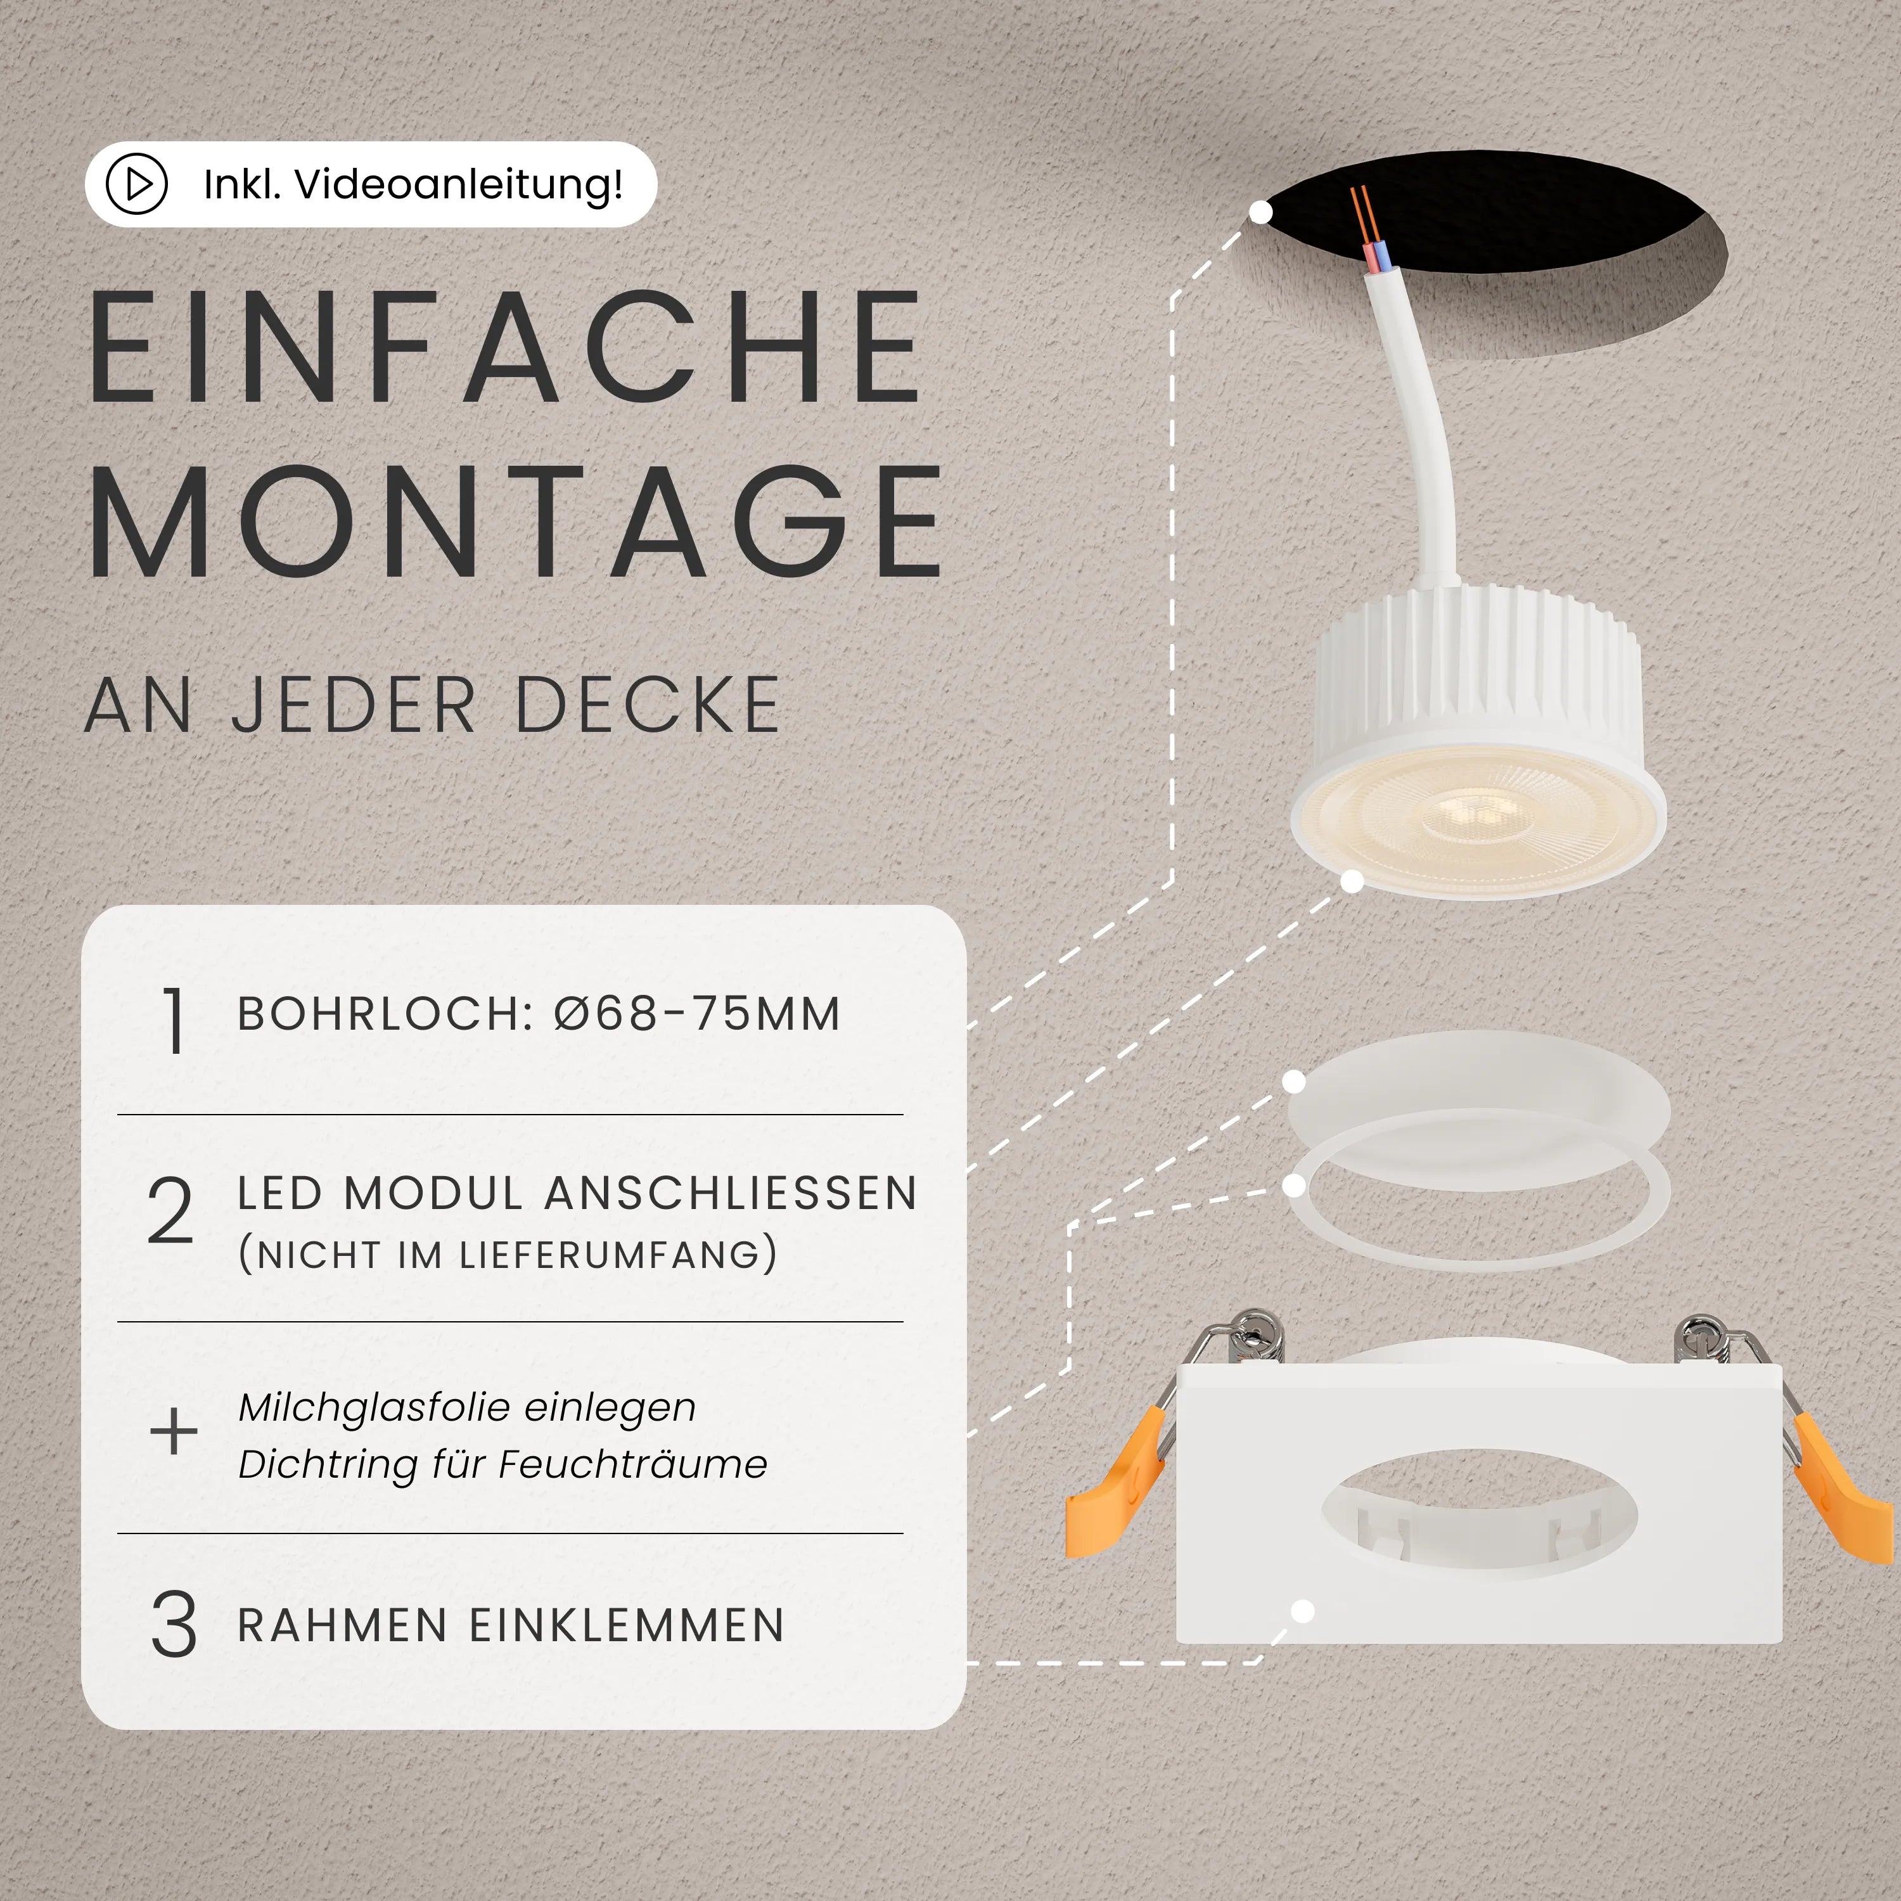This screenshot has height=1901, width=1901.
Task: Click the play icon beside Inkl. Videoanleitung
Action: [x=137, y=184]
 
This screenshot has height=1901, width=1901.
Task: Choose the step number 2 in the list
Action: [x=170, y=1212]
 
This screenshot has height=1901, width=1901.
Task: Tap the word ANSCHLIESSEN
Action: [x=731, y=1194]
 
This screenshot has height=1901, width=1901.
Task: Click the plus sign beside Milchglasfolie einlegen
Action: [x=173, y=1431]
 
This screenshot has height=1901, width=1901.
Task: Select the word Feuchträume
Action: [x=632, y=1465]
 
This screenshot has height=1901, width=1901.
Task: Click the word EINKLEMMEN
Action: [x=627, y=1625]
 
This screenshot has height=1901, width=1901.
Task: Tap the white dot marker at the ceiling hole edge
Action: [x=1260, y=212]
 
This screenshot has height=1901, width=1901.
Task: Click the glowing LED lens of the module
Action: [x=1474, y=817]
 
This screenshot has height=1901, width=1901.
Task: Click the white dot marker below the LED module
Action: [x=1353, y=881]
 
